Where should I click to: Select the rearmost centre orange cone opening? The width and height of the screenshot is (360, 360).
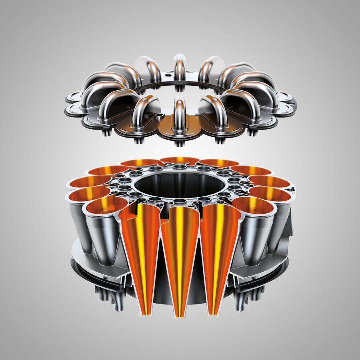(x=180, y=161)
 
